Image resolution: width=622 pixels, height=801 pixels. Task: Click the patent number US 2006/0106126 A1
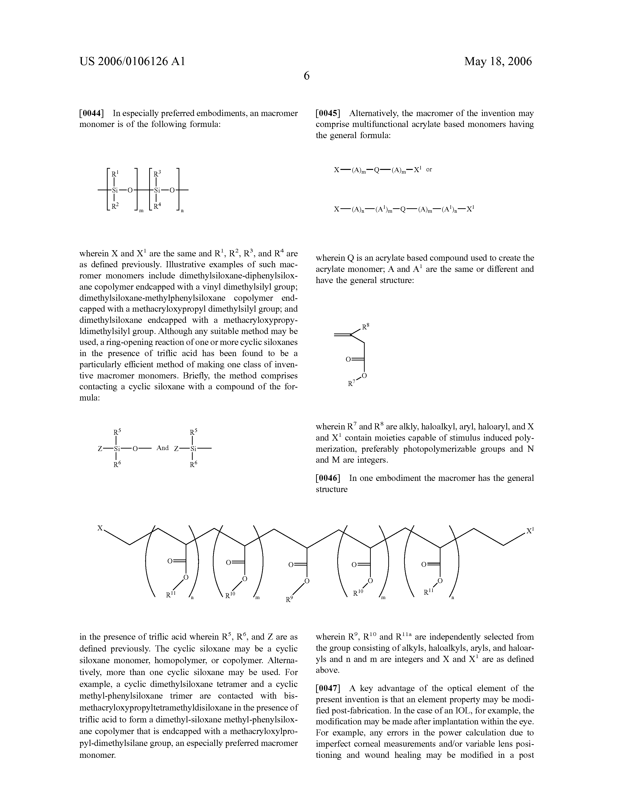[132, 61]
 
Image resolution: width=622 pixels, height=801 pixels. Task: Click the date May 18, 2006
[498, 61]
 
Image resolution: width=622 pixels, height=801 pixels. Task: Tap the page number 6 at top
[307, 76]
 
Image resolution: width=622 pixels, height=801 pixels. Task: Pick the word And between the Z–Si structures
[162, 448]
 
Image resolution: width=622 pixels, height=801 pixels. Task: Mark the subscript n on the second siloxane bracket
[182, 211]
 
